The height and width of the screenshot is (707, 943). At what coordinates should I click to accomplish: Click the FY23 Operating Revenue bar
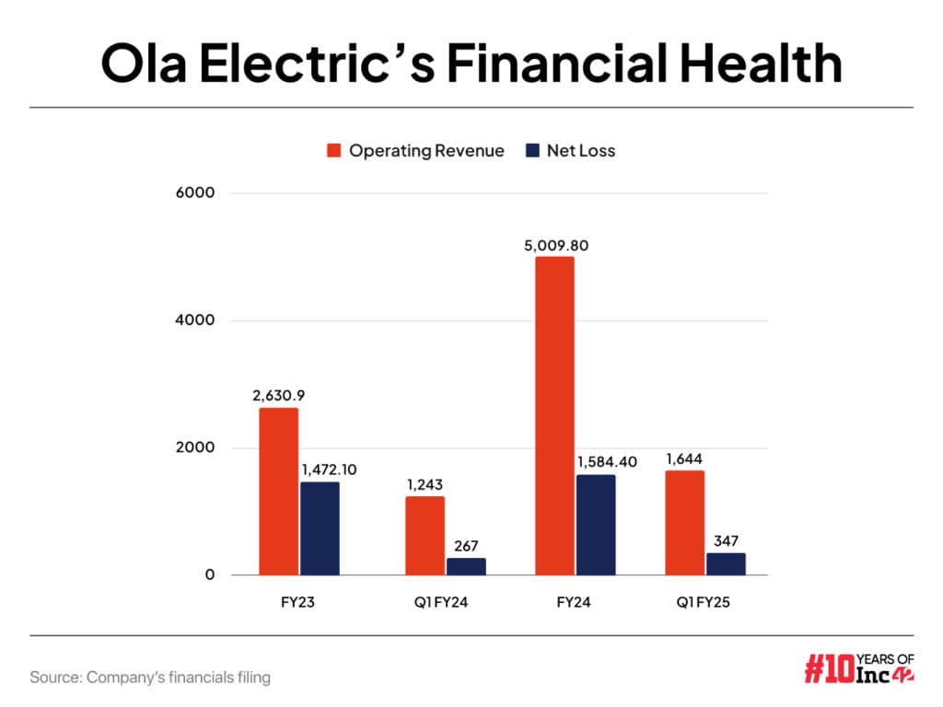pos(278,492)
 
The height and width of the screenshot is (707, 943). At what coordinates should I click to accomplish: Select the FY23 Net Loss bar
pos(320,528)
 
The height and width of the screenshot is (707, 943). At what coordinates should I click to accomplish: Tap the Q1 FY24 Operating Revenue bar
pos(425,536)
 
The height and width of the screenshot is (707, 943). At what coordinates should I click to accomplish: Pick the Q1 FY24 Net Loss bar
pos(466,566)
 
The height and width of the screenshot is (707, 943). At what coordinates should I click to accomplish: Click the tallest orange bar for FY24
pos(554,416)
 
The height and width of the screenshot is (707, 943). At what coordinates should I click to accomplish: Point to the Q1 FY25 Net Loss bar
pos(726,563)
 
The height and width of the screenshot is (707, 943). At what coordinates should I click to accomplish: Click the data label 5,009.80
pos(554,246)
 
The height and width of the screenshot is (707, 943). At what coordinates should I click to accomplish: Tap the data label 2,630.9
pos(278,397)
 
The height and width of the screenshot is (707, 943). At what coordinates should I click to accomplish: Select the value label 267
pos(466,547)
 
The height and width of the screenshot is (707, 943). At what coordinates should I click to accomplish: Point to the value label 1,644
pos(684,459)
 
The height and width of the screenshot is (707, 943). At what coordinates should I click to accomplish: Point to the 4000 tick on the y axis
pos(197,320)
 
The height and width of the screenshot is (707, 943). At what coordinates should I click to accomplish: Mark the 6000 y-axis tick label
pos(197,193)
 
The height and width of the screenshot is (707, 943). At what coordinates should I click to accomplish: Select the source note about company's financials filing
pos(150,678)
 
